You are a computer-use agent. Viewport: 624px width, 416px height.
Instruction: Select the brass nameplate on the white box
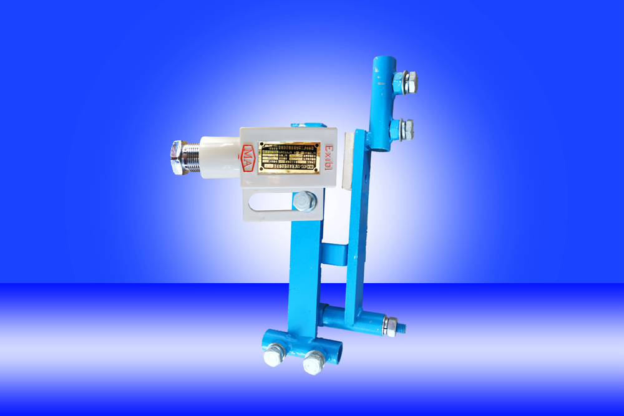click(289, 157)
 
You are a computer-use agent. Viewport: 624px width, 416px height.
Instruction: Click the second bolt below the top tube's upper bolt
click(406, 128)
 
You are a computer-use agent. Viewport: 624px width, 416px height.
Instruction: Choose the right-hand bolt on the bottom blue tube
click(313, 361)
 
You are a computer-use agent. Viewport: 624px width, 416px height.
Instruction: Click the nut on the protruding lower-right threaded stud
click(390, 325)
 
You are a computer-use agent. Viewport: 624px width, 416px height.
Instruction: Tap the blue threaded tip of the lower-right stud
click(402, 326)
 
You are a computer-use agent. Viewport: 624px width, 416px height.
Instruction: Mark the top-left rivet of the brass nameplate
click(262, 146)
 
